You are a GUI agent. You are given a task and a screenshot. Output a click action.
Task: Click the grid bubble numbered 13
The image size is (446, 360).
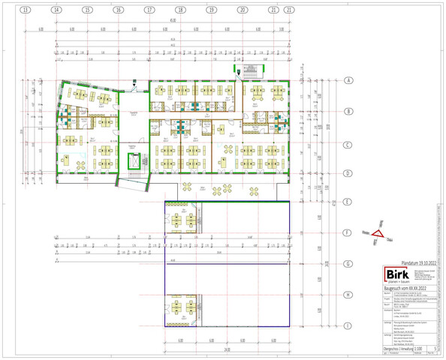pyautogui.click(x=26, y=10)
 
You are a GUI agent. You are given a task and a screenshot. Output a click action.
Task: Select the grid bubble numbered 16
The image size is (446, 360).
pyautogui.click(x=119, y=10)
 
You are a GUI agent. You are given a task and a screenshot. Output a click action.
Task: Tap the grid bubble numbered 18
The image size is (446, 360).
pyautogui.click(x=180, y=10)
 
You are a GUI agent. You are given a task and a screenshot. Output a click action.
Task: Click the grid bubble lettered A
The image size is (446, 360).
pyautogui.click(x=348, y=79)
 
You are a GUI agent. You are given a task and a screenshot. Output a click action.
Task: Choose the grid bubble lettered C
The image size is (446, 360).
pyautogui.click(x=348, y=144)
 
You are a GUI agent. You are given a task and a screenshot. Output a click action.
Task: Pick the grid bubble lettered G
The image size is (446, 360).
pyautogui.click(x=348, y=264)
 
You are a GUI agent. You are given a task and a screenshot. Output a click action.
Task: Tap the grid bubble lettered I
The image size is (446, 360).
pyautogui.click(x=348, y=325)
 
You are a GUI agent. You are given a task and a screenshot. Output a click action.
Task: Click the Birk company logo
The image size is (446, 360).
pyautogui.click(x=397, y=275)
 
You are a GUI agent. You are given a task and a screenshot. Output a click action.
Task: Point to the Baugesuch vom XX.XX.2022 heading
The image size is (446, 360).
pyautogui.click(x=408, y=287)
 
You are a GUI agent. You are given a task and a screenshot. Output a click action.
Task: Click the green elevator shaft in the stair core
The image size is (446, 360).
pyautogui.click(x=133, y=160)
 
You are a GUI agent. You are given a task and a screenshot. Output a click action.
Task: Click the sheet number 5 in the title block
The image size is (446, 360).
pyautogui.click(x=437, y=349)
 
